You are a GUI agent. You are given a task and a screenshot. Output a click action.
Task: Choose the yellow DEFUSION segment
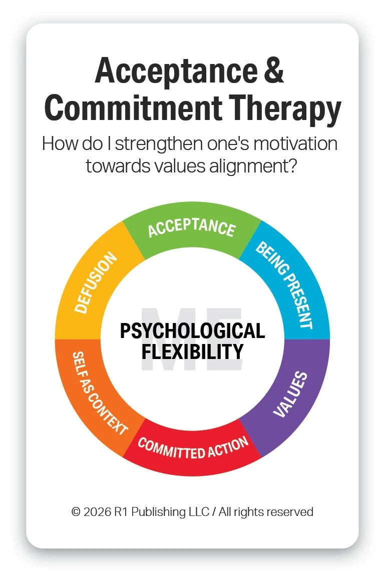(x=95, y=283)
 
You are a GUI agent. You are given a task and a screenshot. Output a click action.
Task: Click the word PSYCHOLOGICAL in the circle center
(x=192, y=331)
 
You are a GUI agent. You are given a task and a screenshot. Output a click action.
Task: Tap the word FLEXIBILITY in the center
(x=192, y=351)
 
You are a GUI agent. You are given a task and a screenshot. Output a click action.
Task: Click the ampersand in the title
(x=274, y=71)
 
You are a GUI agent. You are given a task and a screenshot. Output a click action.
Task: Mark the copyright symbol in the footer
(x=76, y=512)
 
